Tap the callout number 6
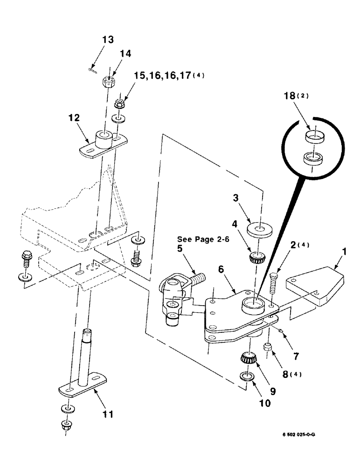[221, 269]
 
